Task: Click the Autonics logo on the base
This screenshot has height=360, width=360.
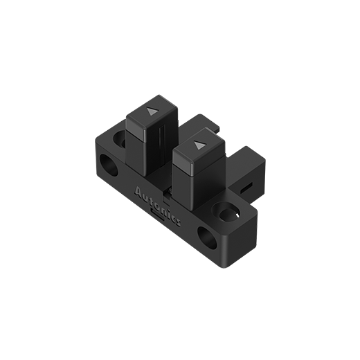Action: [157, 204]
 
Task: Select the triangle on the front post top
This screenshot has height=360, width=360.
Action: [199, 145]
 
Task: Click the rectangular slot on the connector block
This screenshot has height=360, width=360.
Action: [247, 187]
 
